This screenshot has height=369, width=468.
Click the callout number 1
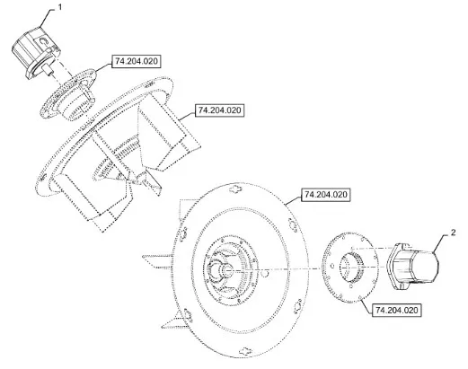point(60,7)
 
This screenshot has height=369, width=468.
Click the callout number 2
point(453,232)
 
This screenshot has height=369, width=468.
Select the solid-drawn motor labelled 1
point(36,53)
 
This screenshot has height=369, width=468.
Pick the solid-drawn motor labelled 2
point(413,267)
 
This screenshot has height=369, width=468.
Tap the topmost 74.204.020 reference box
point(136,61)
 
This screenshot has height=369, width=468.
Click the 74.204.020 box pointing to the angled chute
point(219,110)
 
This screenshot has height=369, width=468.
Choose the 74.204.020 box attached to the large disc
point(325,195)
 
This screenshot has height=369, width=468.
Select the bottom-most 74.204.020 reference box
point(396,310)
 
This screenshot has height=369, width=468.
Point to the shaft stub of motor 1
point(48,70)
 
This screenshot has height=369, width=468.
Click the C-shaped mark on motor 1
point(43,41)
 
